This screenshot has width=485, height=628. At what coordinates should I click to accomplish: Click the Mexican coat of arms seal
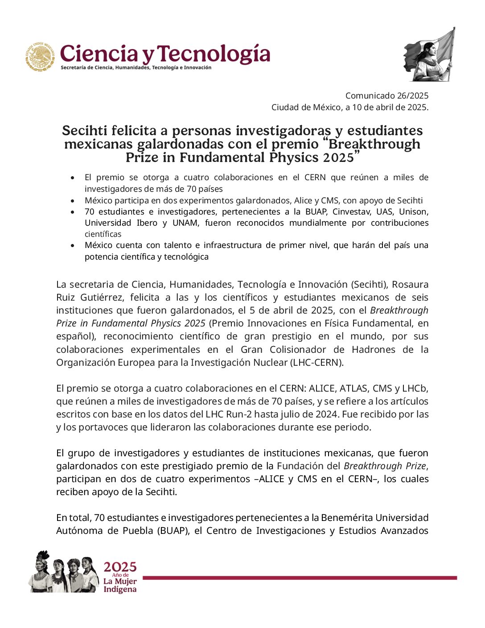pos(41,57)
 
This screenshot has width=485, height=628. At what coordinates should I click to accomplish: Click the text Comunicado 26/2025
pos(386,95)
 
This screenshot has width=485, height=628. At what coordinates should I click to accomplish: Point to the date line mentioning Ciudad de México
pos(349,107)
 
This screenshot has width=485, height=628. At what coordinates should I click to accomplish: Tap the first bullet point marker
pos(73,178)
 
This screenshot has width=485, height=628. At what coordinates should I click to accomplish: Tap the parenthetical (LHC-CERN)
pos(316,362)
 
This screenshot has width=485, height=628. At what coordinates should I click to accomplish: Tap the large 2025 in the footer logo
pos(120,567)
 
